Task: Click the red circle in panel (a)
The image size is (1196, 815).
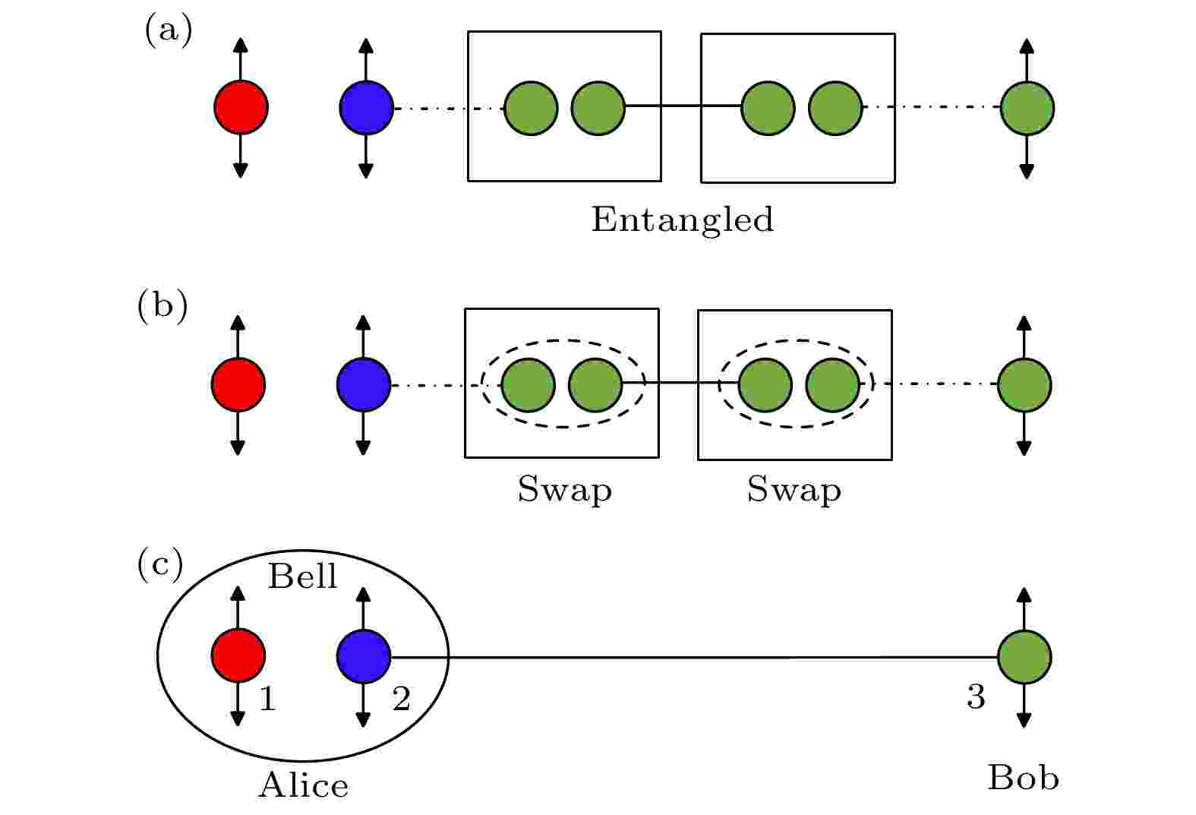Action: [x=241, y=107]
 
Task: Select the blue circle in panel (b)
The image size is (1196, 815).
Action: [x=364, y=384]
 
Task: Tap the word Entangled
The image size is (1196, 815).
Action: [x=682, y=220]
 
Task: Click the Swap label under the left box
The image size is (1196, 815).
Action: [x=564, y=491]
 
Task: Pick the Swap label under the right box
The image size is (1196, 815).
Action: [x=794, y=491]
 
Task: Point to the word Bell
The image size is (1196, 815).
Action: [x=302, y=577]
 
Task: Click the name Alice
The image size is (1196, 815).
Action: [x=303, y=785]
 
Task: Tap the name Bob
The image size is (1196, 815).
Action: [x=1023, y=778]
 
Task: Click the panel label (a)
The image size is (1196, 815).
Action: [x=168, y=32]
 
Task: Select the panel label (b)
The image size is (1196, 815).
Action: [x=162, y=308]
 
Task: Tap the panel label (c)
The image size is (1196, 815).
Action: [x=159, y=565]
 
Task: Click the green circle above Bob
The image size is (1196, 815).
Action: [x=1024, y=657]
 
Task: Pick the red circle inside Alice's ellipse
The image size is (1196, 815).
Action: [x=238, y=655]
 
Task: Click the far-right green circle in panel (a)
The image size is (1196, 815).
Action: [x=1027, y=108]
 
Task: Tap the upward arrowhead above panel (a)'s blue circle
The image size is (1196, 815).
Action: [x=366, y=44]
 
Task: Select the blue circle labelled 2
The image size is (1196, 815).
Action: [x=364, y=655]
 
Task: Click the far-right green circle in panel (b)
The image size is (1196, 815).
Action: [x=1024, y=385]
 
